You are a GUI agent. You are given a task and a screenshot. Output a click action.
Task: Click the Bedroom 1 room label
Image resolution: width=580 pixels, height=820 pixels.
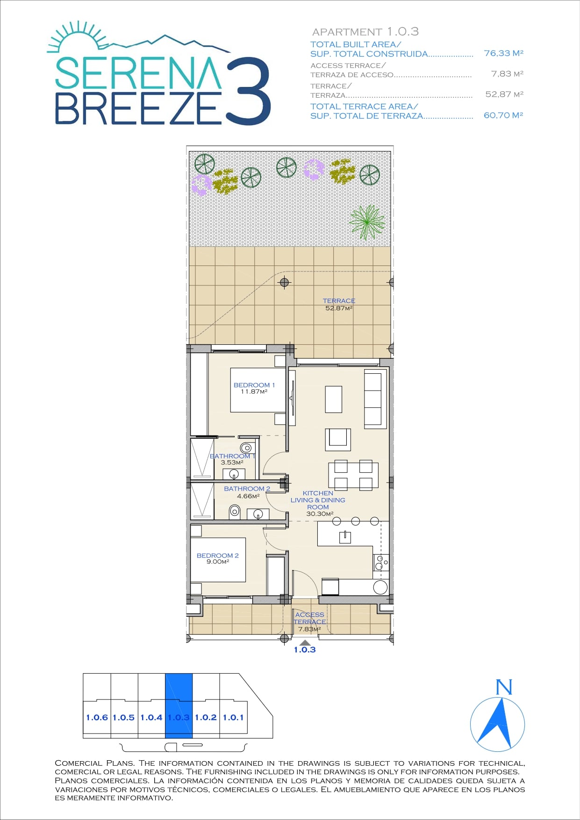click(254, 385)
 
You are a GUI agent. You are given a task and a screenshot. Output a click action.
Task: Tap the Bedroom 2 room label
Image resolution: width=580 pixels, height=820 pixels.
click(218, 556)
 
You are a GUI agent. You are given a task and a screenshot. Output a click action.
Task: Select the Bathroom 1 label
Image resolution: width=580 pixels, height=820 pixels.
click(232, 456)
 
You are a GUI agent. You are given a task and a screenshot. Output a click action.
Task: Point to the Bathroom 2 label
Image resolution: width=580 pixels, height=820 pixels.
click(247, 489)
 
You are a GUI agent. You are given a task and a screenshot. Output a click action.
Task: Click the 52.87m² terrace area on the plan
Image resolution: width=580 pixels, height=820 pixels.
click(339, 308)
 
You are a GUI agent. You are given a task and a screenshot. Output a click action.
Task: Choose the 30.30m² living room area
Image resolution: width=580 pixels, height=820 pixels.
click(320, 514)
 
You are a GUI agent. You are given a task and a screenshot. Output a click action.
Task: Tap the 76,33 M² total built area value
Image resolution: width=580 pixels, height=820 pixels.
click(503, 53)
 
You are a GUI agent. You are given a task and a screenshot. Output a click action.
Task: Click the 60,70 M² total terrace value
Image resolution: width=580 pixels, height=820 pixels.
click(503, 115)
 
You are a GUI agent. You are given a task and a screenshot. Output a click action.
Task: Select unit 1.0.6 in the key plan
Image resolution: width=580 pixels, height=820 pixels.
click(97, 717)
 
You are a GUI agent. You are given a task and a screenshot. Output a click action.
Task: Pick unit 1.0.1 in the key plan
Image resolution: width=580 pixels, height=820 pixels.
click(233, 717)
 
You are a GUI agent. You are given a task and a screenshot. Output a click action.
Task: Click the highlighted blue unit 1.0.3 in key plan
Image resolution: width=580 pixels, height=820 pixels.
click(179, 706)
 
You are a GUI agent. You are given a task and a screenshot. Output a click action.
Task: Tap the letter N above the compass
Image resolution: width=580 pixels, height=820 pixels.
click(504, 687)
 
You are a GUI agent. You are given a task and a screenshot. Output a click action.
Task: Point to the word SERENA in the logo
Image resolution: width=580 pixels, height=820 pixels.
click(138, 73)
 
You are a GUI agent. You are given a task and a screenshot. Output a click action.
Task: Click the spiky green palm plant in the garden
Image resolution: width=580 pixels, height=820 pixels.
click(367, 222)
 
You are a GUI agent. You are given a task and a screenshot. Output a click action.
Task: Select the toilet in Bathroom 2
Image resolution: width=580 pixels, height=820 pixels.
click(235, 512)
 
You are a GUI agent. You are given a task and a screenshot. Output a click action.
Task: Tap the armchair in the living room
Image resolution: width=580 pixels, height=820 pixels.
click(338, 439)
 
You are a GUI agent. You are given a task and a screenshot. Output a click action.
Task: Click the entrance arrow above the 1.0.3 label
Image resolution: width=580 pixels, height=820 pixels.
click(305, 642)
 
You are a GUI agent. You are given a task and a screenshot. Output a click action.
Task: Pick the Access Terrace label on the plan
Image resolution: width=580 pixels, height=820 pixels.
click(310, 618)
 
